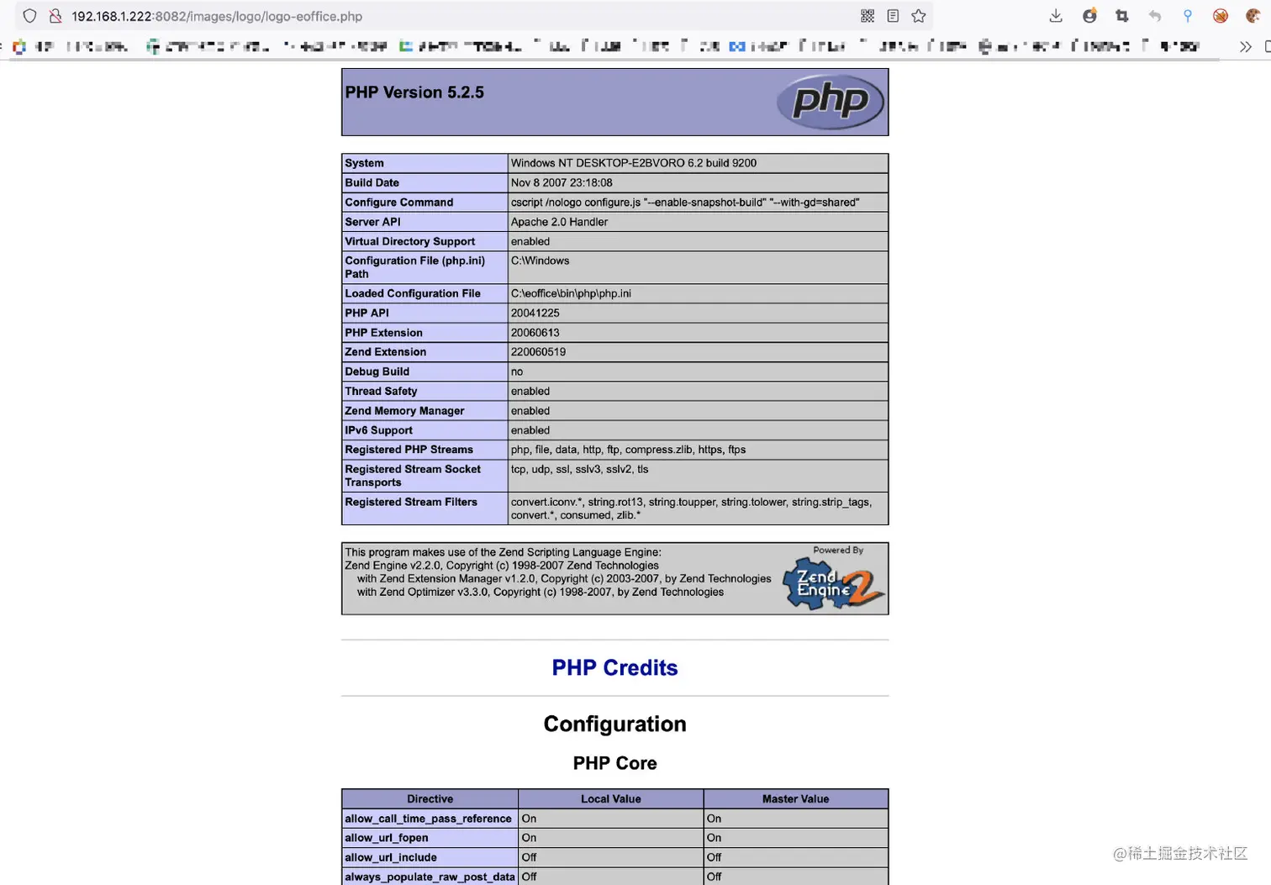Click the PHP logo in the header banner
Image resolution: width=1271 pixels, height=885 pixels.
click(830, 102)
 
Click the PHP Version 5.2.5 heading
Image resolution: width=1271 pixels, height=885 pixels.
click(414, 92)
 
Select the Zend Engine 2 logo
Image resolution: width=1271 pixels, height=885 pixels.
click(833, 585)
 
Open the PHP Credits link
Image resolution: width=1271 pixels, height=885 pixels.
click(614, 668)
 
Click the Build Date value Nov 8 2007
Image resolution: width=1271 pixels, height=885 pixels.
click(562, 182)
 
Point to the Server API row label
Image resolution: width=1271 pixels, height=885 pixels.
click(372, 222)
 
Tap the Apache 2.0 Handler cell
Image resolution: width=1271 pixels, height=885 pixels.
click(559, 222)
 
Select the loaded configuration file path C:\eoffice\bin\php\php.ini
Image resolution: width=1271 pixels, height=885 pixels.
click(571, 293)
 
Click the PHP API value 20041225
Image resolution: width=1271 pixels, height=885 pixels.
click(535, 313)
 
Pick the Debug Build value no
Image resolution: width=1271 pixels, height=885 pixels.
click(517, 371)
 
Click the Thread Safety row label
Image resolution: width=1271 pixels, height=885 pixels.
click(381, 391)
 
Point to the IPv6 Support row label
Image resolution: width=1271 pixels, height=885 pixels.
click(378, 430)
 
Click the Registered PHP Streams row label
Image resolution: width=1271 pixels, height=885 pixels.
click(409, 450)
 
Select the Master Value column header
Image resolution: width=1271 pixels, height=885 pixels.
click(795, 799)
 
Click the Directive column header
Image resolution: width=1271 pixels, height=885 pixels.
click(430, 799)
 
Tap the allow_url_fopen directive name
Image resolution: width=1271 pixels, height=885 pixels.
click(387, 838)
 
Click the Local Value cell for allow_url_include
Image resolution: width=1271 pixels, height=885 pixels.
click(530, 857)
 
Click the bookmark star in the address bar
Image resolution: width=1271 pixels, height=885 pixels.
click(919, 16)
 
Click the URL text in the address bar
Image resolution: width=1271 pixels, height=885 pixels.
click(217, 16)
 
